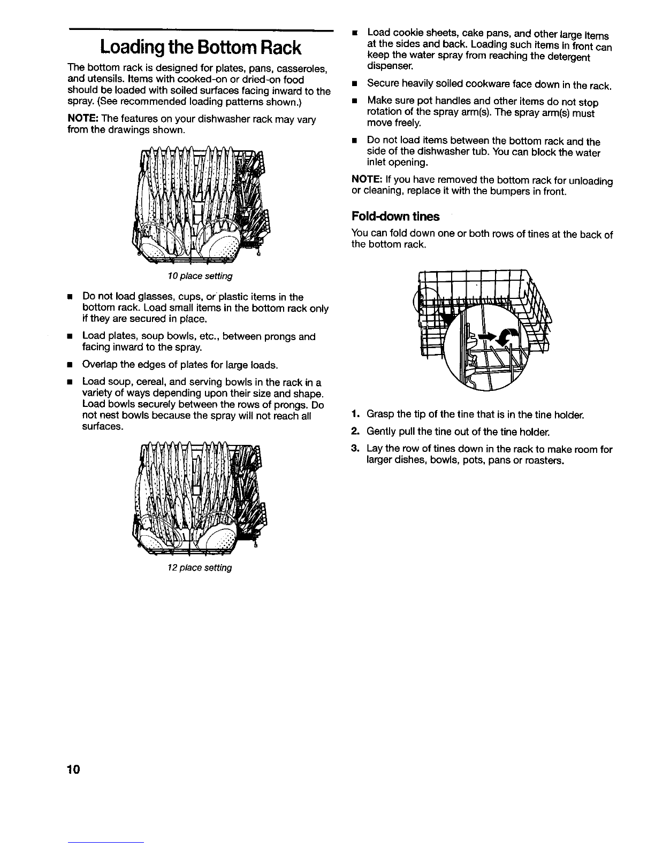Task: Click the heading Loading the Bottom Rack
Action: (x=201, y=48)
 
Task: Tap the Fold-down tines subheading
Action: (x=395, y=217)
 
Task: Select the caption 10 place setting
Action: (x=200, y=276)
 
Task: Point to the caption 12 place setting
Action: (x=200, y=567)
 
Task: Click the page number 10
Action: (x=73, y=769)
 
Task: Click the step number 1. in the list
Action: (x=355, y=414)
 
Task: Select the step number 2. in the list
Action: (x=355, y=431)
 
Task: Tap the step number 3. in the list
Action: (x=355, y=448)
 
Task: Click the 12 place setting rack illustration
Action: (x=200, y=498)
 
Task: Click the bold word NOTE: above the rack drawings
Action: (x=83, y=119)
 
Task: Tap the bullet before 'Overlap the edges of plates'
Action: (x=70, y=365)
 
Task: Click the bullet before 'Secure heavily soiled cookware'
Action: (x=354, y=83)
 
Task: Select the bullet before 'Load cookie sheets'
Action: (x=354, y=33)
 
